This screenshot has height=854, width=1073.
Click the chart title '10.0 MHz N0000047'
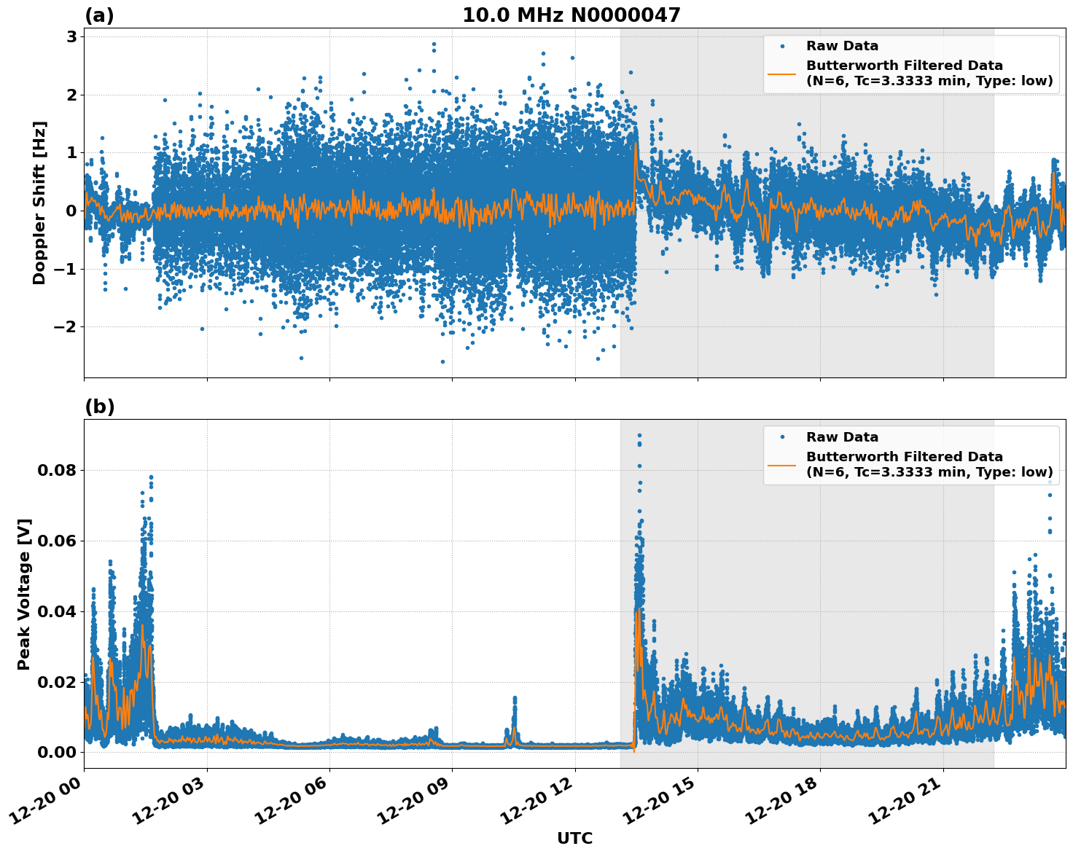tap(571, 15)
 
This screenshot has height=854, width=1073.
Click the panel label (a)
tap(99, 15)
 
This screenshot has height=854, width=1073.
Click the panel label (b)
tap(99, 407)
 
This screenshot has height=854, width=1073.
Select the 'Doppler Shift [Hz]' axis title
tap(39, 203)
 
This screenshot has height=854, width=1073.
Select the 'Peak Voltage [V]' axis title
tap(24, 594)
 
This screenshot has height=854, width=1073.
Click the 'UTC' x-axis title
tap(574, 838)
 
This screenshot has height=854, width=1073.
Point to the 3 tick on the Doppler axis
tap(71, 36)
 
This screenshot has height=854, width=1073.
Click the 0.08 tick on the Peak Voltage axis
tap(57, 470)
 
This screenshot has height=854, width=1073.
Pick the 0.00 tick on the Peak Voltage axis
tap(57, 752)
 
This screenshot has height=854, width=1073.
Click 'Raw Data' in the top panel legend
tap(842, 46)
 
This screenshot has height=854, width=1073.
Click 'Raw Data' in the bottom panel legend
tap(842, 437)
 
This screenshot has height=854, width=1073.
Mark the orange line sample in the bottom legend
tap(782, 464)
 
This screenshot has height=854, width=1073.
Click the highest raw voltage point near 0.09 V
tap(639, 435)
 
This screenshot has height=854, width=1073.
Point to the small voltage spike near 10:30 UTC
tap(514, 700)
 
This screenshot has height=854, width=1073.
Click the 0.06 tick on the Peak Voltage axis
tap(57, 541)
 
